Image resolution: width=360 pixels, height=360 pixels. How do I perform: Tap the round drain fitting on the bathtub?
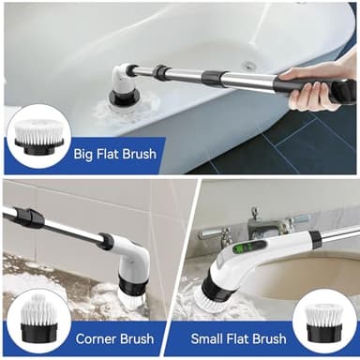pyautogui.click(x=248, y=67)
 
